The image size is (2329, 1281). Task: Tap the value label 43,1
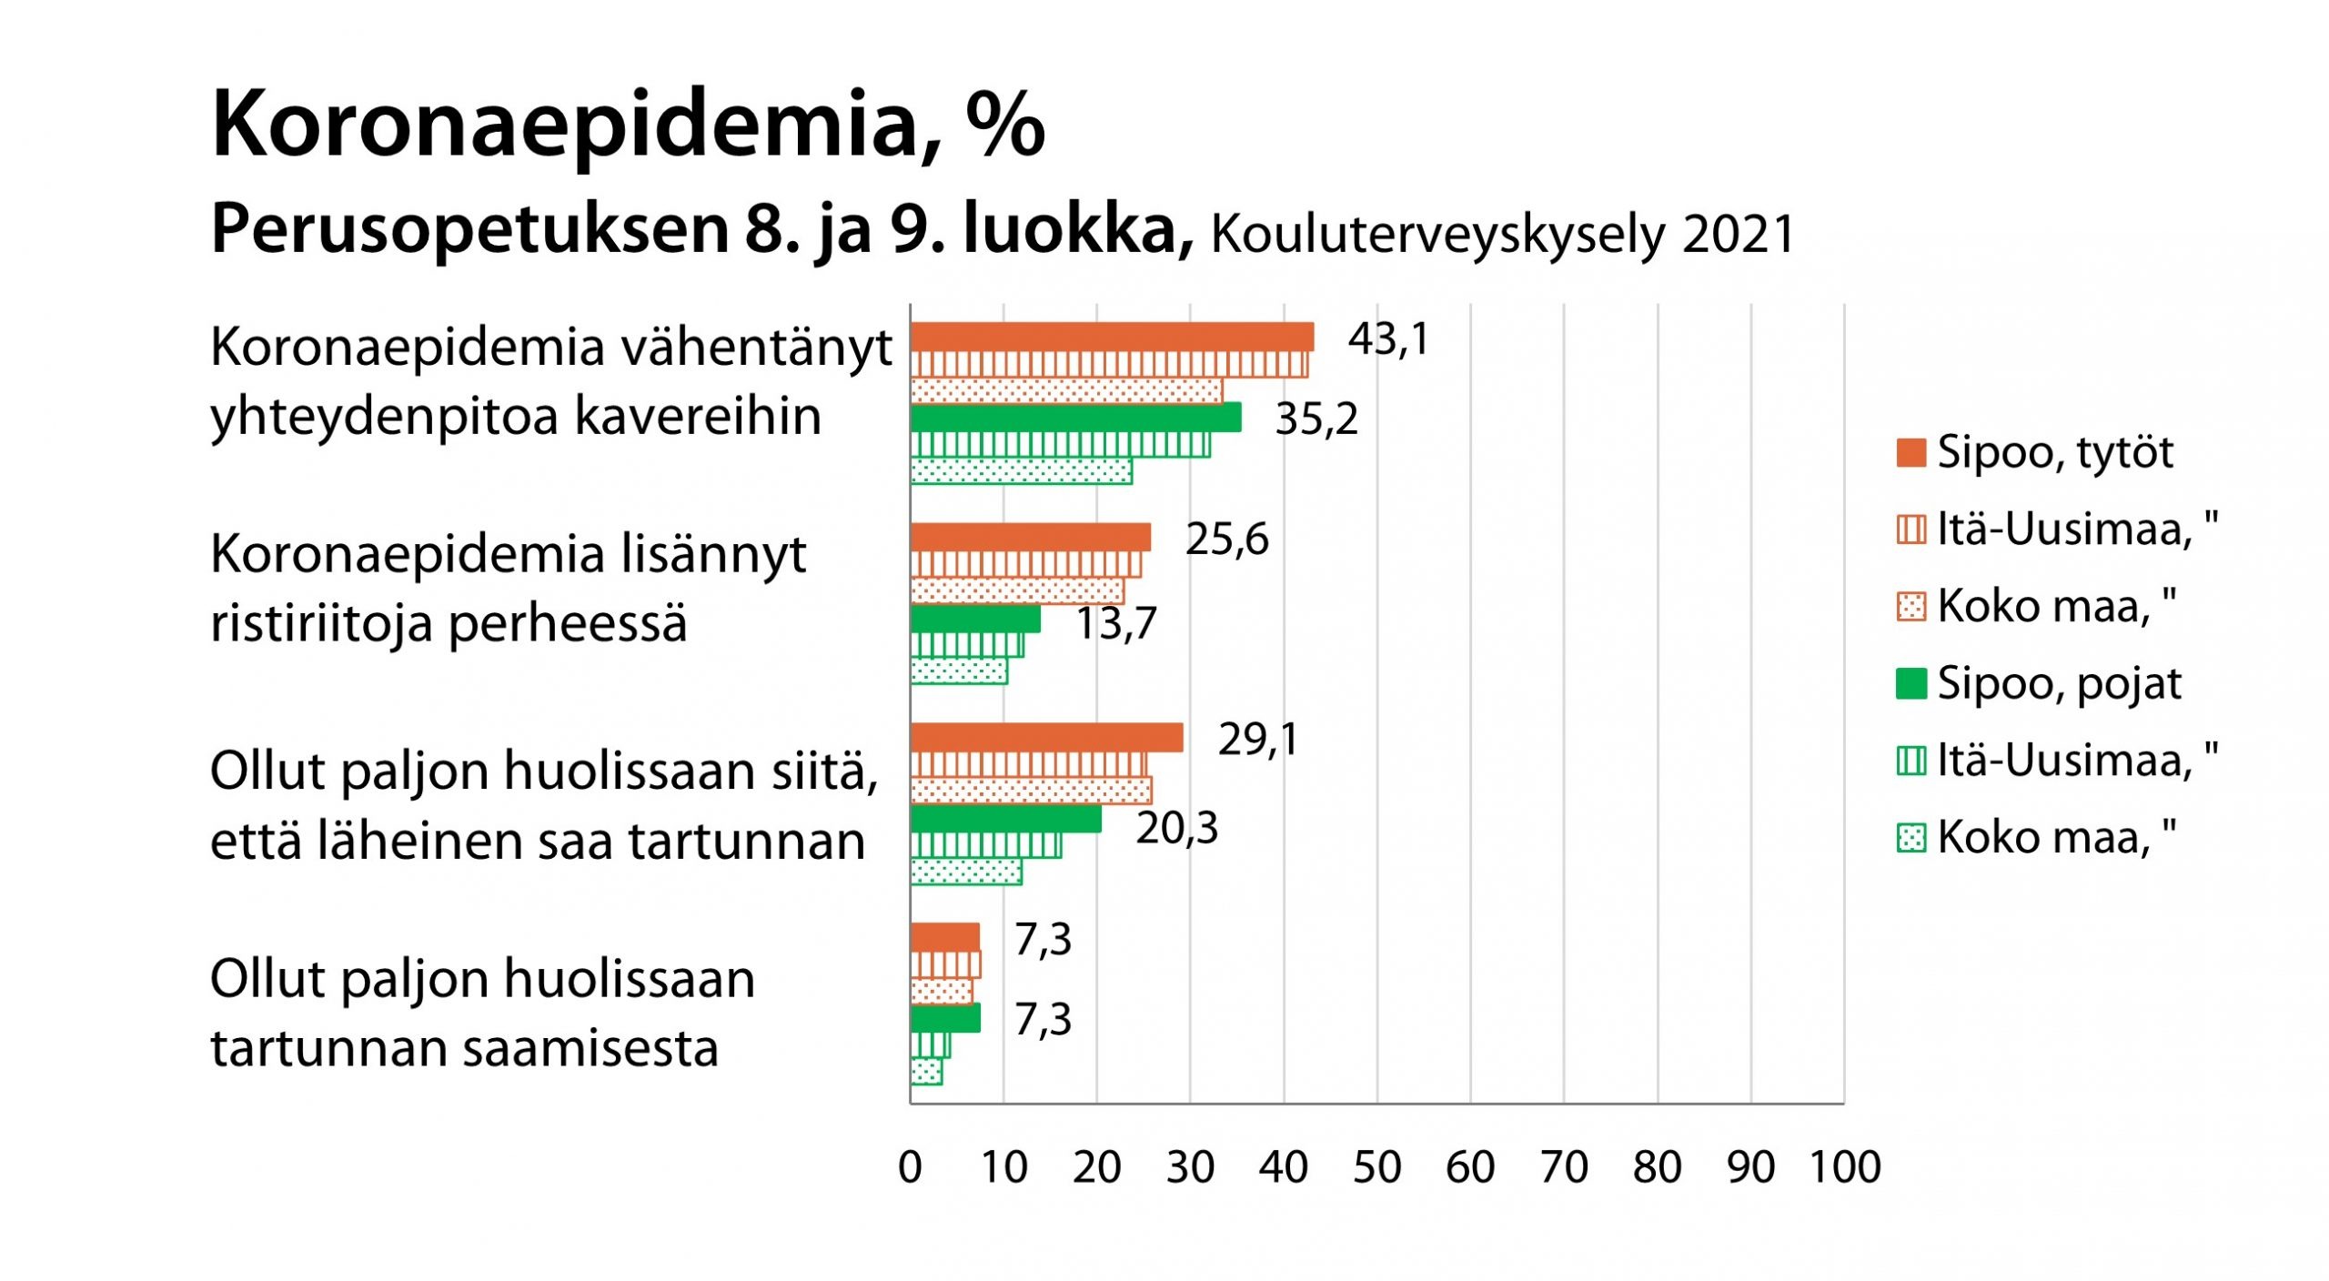point(1388,339)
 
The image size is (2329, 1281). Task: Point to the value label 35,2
point(1316,419)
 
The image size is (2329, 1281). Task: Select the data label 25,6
point(1226,539)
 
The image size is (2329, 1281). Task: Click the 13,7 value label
point(1116,624)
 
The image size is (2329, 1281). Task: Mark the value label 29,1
point(1258,739)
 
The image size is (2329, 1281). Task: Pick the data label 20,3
point(1176,828)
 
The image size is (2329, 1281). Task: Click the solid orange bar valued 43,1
point(1112,337)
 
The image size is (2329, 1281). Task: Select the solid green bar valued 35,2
point(1075,418)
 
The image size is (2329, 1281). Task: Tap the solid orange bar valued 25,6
point(1030,538)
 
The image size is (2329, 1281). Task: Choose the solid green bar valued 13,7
point(975,619)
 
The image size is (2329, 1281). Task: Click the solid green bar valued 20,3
point(1005,819)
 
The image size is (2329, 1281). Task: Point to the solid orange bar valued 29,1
point(1046,738)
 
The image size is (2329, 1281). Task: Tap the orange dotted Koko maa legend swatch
point(1911,606)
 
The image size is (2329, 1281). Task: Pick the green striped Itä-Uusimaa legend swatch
point(1911,761)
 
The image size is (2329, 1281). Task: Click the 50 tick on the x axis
point(1376,1167)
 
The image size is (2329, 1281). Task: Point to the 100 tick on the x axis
point(1844,1167)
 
